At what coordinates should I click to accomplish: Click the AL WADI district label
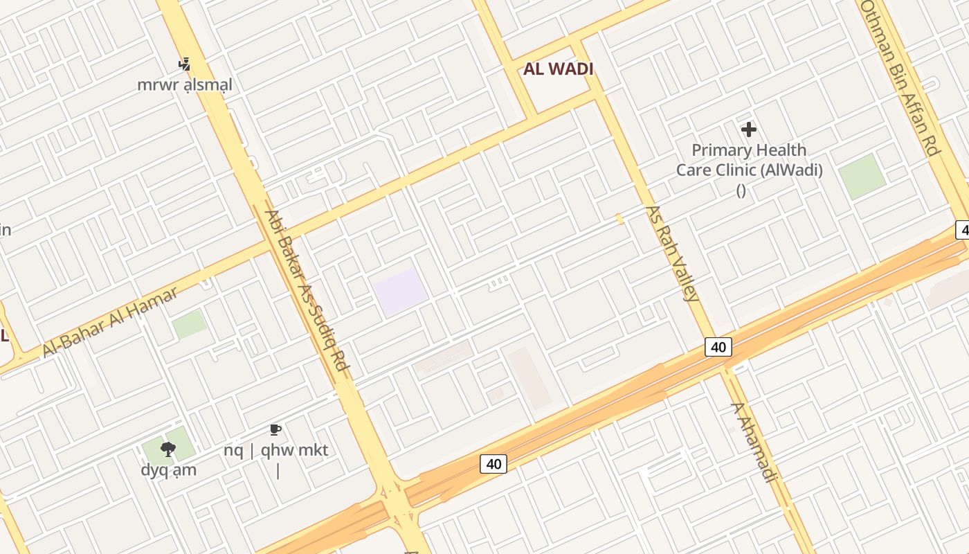(x=559, y=69)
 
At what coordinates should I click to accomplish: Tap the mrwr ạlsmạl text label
(x=185, y=85)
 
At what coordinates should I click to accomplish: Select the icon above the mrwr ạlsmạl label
(x=184, y=64)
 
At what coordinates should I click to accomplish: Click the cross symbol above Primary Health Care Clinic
(x=748, y=129)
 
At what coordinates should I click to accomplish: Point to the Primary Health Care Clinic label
(x=749, y=160)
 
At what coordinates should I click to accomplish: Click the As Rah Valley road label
(x=671, y=253)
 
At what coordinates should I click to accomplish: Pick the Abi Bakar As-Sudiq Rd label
(x=305, y=289)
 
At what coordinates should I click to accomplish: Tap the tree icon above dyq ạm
(x=167, y=449)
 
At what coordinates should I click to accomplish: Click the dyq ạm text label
(x=169, y=470)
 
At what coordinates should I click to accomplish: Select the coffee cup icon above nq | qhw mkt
(x=275, y=430)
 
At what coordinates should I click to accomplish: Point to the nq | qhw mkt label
(x=275, y=450)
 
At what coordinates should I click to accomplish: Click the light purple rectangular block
(x=399, y=292)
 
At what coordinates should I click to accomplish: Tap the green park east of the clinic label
(x=862, y=176)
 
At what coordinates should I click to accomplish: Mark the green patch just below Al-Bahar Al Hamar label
(x=190, y=324)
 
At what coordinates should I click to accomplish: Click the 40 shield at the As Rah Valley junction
(x=718, y=347)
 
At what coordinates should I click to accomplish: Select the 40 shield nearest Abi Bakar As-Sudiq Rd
(x=493, y=463)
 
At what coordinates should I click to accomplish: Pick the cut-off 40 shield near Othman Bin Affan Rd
(x=963, y=229)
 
